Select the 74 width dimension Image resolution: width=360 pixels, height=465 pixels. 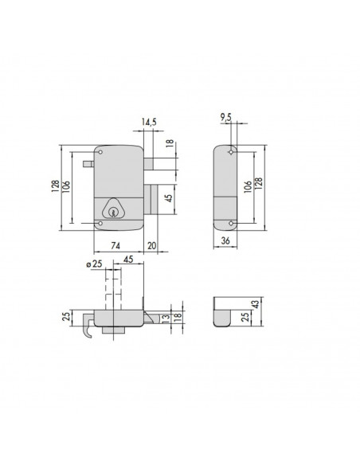[x=115, y=248]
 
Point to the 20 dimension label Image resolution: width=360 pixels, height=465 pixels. [x=151, y=248]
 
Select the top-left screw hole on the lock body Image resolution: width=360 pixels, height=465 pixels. [x=101, y=150]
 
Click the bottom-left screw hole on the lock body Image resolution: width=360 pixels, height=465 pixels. [x=101, y=225]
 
